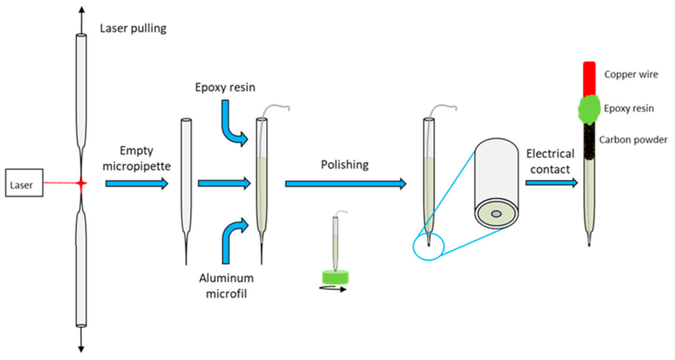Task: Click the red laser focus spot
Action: coord(81,183)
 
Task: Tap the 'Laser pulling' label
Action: coord(133,29)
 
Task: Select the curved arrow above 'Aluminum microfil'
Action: coord(232,237)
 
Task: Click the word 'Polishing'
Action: coord(345,165)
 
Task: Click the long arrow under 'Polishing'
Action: coord(345,183)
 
